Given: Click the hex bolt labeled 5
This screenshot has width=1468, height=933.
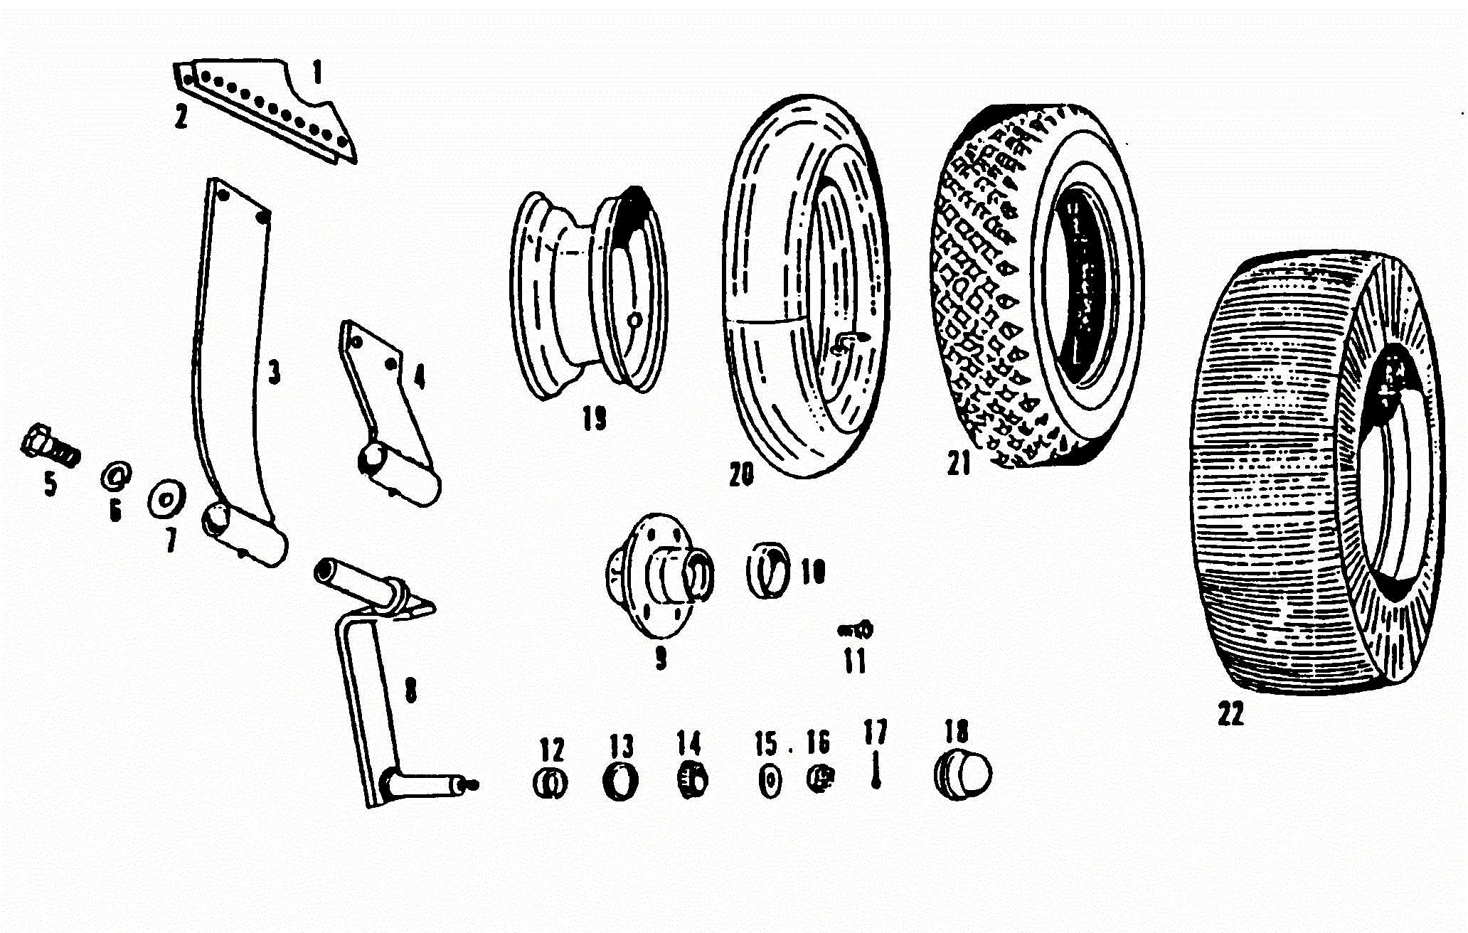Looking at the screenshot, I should pos(48,447).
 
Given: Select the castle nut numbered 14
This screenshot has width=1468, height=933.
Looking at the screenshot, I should pos(690,780).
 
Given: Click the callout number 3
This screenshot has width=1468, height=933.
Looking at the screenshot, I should pos(274,372).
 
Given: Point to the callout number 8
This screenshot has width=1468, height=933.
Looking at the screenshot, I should pos(410,689).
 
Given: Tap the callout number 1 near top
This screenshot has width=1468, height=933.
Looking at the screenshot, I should pos(317,72).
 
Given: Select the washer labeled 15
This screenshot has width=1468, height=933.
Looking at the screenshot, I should pos(768,782).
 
